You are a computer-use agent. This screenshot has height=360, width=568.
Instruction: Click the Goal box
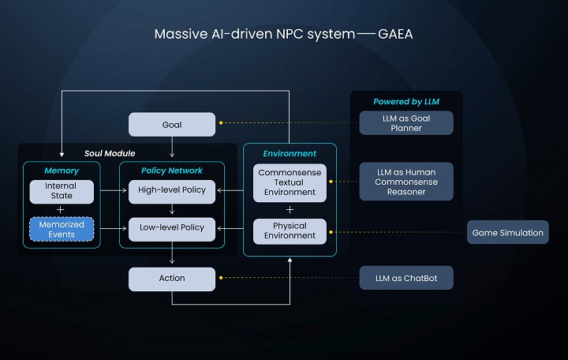click(172, 125)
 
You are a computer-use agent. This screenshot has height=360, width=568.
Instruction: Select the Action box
click(172, 279)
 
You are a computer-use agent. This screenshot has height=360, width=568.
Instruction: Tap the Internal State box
click(62, 191)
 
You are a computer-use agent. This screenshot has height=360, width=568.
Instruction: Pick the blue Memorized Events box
click(62, 229)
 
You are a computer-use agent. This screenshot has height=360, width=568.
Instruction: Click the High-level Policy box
click(172, 191)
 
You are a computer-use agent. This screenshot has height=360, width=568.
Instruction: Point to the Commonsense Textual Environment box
click(290, 182)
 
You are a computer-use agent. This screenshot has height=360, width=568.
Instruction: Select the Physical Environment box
click(290, 231)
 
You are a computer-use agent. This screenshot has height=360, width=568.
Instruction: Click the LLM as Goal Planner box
click(406, 123)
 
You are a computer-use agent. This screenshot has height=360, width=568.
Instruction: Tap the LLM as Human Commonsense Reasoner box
click(406, 182)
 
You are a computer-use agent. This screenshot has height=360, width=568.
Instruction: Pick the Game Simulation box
click(507, 232)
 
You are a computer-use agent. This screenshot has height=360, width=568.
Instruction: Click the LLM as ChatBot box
click(406, 278)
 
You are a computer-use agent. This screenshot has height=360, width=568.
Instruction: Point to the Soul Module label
click(110, 153)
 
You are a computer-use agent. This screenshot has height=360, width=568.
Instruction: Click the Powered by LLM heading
click(406, 102)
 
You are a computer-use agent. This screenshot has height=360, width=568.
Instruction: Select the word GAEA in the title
click(395, 34)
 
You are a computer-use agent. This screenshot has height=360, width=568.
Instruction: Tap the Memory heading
click(62, 171)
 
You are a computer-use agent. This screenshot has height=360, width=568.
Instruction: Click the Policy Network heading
click(172, 171)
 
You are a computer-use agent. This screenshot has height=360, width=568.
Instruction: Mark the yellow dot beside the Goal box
click(221, 123)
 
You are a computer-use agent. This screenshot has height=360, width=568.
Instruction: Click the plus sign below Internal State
click(61, 210)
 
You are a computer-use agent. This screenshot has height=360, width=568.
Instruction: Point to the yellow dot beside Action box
click(221, 278)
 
